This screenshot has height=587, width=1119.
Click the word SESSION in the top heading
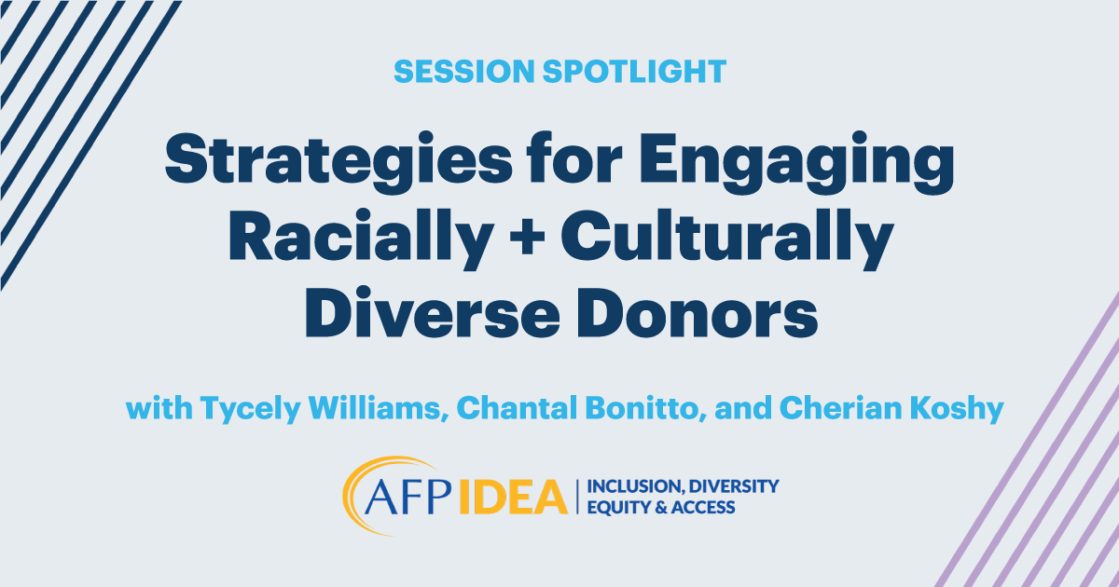click(x=464, y=72)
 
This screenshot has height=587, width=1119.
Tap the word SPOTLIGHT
click(x=634, y=72)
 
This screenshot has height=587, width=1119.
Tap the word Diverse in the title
click(x=432, y=312)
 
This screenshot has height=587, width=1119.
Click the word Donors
click(x=698, y=312)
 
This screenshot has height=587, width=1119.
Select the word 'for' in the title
click(x=575, y=157)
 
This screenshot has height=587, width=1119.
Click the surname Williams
click(x=379, y=408)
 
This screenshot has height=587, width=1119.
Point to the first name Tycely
click(x=251, y=409)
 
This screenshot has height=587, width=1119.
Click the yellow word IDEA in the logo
click(x=512, y=497)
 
